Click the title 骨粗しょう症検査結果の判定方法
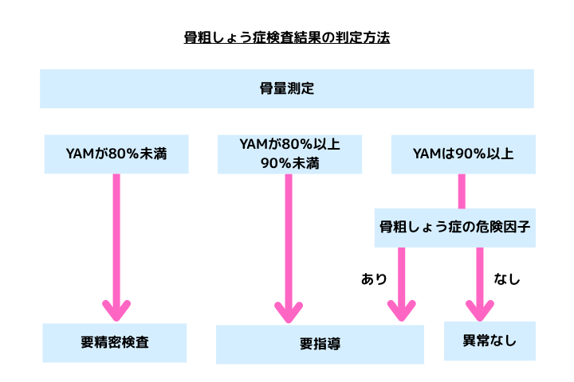(x=287, y=37)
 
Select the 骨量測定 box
(x=287, y=88)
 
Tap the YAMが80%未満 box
(x=116, y=154)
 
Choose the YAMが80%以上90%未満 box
(x=289, y=154)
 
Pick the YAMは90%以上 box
(x=462, y=154)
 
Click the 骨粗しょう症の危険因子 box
(x=454, y=227)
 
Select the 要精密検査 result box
(x=115, y=343)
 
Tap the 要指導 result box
(x=320, y=345)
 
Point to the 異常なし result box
(x=489, y=341)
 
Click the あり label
(x=374, y=279)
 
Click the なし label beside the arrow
(x=506, y=279)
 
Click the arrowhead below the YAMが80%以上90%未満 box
(x=289, y=310)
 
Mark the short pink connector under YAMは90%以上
(x=462, y=191)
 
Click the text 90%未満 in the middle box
(x=289, y=163)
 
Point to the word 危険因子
(x=505, y=227)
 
